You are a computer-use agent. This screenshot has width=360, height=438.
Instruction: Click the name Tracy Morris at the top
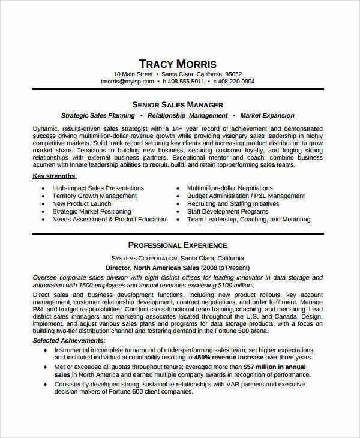coord(178,64)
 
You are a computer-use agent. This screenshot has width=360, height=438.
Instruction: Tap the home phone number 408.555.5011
coord(187,81)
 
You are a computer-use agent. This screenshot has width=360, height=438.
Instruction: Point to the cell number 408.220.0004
coord(236,81)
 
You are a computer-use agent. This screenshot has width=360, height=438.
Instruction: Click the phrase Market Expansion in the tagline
coord(267,115)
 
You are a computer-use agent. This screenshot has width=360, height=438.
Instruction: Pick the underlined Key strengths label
coord(54,176)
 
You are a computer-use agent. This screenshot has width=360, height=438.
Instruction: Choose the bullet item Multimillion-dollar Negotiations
coord(229,188)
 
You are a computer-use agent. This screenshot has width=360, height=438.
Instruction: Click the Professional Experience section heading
coord(178,245)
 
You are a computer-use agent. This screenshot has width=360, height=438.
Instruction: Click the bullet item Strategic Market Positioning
coord(91,212)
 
